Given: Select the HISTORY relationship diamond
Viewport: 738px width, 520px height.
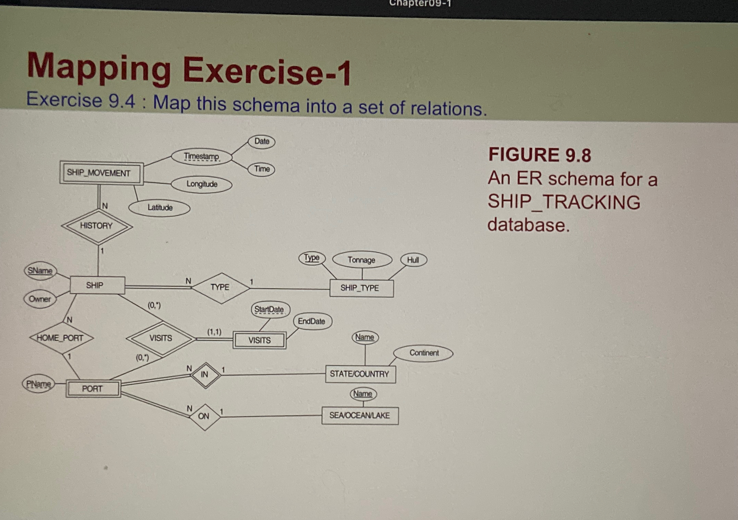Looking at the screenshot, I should pyautogui.click(x=96, y=226).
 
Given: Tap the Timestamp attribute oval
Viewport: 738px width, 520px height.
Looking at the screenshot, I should pyautogui.click(x=201, y=157).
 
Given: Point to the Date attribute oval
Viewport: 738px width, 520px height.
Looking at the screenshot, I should pyautogui.click(x=262, y=141).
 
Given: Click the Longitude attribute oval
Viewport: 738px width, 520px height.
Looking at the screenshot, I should pyautogui.click(x=201, y=184).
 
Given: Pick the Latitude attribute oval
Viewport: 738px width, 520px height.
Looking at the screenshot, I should pyautogui.click(x=160, y=208).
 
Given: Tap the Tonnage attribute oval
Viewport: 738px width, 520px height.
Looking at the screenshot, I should pyautogui.click(x=361, y=260).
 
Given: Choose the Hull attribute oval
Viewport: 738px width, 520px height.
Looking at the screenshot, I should pyautogui.click(x=413, y=260).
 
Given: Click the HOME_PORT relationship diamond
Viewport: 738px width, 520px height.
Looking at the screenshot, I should pyautogui.click(x=61, y=338).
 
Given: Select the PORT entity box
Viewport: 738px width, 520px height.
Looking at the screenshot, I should pyautogui.click(x=93, y=389).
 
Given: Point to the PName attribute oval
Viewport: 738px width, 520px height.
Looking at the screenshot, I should pyautogui.click(x=38, y=384).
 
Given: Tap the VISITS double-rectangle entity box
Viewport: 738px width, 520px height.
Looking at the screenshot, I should pyautogui.click(x=260, y=340).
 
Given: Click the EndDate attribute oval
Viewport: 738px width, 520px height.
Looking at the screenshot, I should pyautogui.click(x=312, y=321).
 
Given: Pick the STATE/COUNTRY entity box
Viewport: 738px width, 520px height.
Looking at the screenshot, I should pyautogui.click(x=360, y=374).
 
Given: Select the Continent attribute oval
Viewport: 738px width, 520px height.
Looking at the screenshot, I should pyautogui.click(x=424, y=353).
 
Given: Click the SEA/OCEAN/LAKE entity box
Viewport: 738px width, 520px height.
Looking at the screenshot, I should pyautogui.click(x=360, y=415).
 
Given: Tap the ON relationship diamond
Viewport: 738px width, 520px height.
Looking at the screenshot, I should pyautogui.click(x=204, y=417).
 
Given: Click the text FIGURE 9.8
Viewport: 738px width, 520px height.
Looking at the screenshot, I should pyautogui.click(x=539, y=155).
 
